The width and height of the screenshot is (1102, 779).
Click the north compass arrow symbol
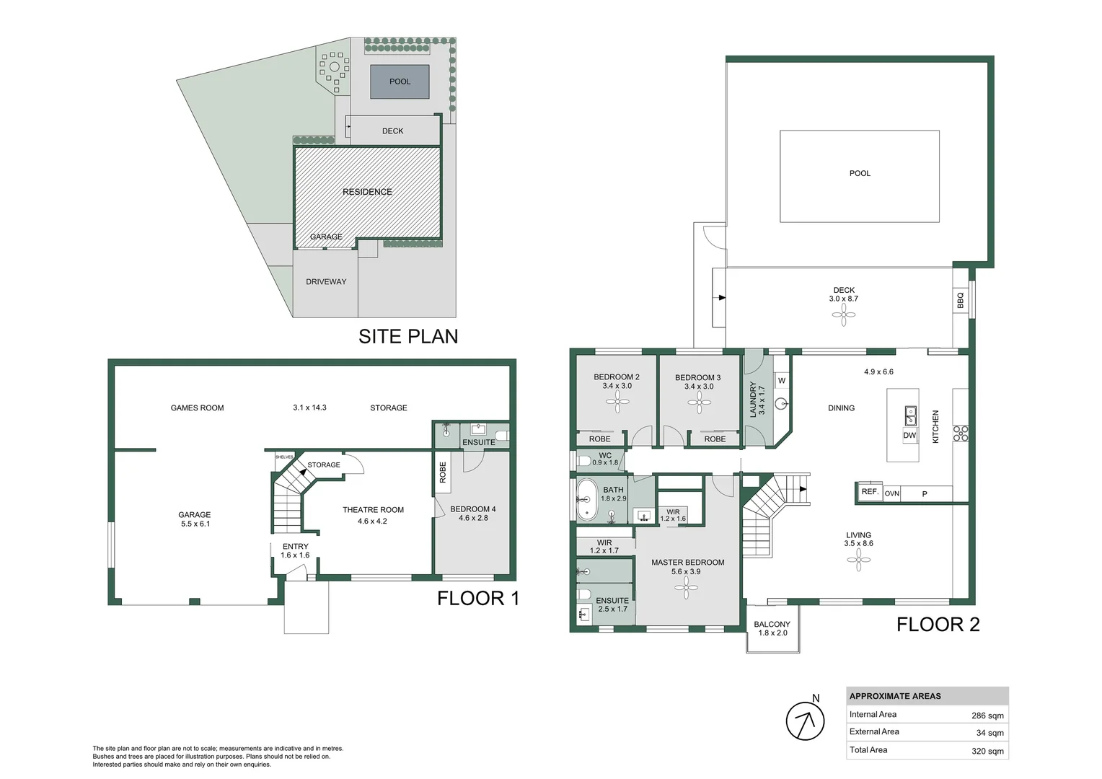pos(805,721)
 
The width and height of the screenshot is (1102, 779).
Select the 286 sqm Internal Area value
pos(987,716)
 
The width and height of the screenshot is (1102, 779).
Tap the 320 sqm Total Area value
pos(987,751)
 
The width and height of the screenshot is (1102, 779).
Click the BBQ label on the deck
pos(960,300)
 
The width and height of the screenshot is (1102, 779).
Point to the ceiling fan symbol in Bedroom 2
pos(617,402)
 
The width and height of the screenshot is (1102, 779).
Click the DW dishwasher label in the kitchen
pos(909,436)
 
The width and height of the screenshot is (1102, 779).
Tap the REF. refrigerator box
pos(870,492)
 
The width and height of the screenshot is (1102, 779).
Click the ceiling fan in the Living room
pos(858,560)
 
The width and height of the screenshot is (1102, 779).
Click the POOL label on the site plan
pos(400,82)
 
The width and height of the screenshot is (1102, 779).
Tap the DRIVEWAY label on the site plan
pos(326,282)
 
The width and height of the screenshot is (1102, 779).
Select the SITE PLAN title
pos(408,336)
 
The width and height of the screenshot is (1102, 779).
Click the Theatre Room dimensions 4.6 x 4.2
pos(372,521)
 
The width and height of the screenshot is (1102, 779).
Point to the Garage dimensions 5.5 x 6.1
pos(195,524)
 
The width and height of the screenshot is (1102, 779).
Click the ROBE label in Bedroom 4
pos(443,472)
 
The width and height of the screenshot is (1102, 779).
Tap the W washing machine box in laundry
pos(782,381)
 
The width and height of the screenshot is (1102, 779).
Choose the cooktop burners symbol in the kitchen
pos(961,433)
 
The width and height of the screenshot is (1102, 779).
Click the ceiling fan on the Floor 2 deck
pos(843,314)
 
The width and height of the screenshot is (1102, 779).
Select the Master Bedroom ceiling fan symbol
pos(686,588)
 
